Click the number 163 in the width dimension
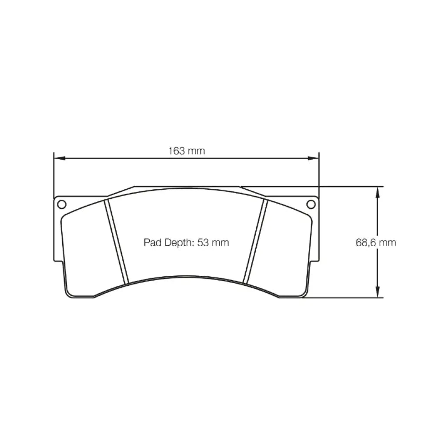point(177,151)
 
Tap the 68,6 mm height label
point(376,243)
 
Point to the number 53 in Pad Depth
point(203,243)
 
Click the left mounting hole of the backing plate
point(61,204)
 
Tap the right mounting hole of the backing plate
point(311,204)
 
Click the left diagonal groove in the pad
point(117,241)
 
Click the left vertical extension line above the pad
point(54,174)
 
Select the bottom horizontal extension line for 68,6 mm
point(344,298)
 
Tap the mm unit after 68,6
point(387,243)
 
